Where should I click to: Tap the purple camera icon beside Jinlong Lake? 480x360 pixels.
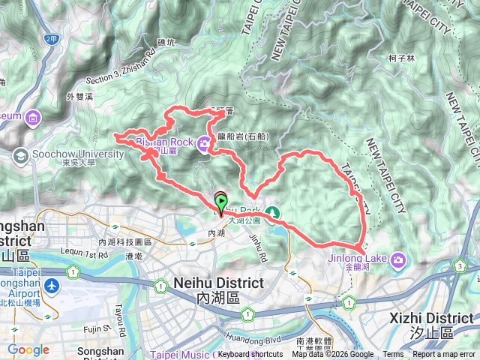[398, 259]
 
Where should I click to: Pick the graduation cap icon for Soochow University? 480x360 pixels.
[20, 155]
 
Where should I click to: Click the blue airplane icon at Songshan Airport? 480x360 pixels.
[52, 286]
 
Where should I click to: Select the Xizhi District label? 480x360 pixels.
[431, 318]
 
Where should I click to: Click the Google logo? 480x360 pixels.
[28, 349]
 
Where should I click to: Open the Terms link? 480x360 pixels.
[393, 355]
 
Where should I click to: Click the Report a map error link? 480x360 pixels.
[445, 355]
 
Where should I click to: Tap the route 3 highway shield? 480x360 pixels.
[458, 265]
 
